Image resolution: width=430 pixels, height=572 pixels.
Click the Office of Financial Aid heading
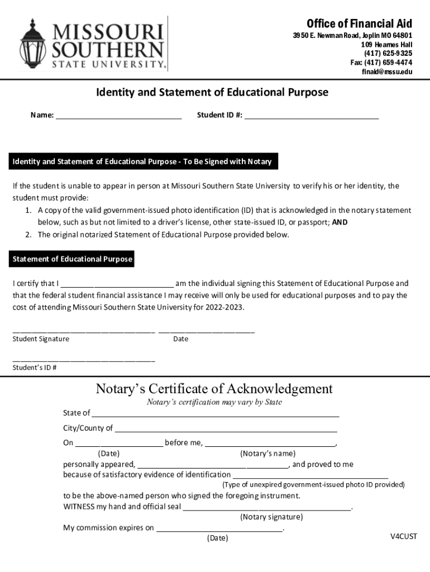click(x=359, y=23)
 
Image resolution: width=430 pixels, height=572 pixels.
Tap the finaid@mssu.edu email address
click(x=387, y=72)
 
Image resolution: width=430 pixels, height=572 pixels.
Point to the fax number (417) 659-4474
click(x=381, y=63)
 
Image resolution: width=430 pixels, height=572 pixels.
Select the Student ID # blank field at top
click(x=311, y=115)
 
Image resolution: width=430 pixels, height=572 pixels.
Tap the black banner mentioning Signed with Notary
click(x=142, y=162)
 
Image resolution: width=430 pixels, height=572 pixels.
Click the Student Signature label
click(x=41, y=339)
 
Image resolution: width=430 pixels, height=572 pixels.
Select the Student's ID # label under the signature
click(x=35, y=368)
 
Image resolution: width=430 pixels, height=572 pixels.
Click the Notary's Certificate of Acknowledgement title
click(x=214, y=389)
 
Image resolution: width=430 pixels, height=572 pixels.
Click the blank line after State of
click(x=215, y=413)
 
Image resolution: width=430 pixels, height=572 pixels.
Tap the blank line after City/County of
click(x=226, y=428)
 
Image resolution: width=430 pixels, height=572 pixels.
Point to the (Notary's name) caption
click(x=267, y=454)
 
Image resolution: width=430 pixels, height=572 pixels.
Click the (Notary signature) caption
click(x=271, y=517)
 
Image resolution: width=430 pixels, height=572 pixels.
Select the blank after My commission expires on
click(x=219, y=528)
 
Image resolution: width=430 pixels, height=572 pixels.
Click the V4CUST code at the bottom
click(x=403, y=537)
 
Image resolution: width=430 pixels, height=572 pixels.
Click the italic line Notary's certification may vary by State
click(x=214, y=402)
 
